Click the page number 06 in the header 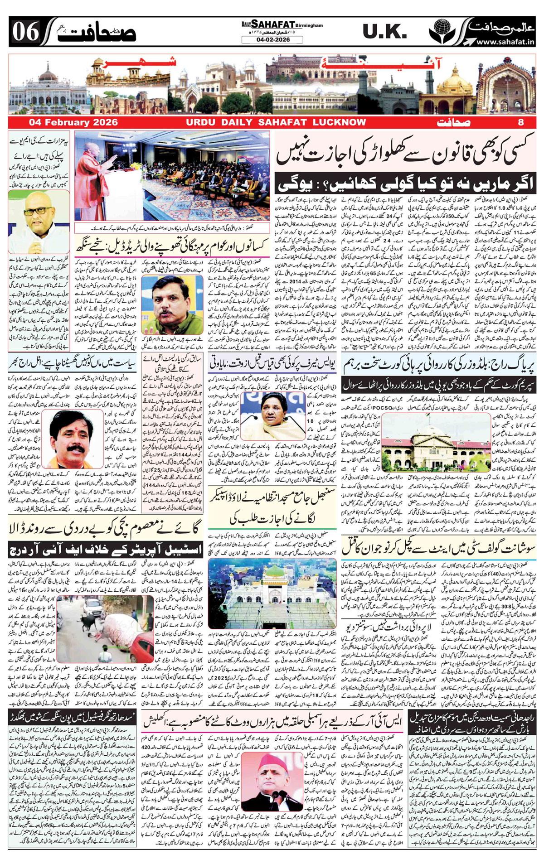click(x=26, y=32)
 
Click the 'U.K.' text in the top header click(x=384, y=32)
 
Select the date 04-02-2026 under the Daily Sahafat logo click(x=273, y=40)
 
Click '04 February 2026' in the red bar click(x=73, y=122)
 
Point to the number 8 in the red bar click(x=520, y=122)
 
